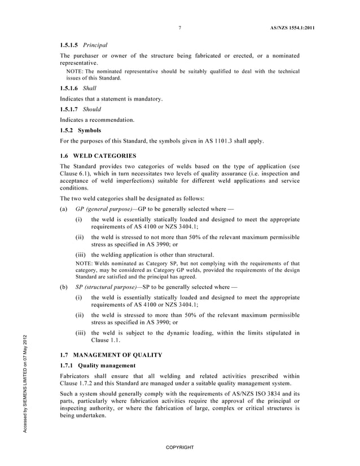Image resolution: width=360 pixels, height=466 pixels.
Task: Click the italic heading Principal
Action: [95, 45]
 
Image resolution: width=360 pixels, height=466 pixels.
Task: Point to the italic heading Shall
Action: [90, 88]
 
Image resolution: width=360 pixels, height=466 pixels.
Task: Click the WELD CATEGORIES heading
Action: [105, 155]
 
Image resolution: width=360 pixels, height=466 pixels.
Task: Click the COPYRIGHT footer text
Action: [179, 447]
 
